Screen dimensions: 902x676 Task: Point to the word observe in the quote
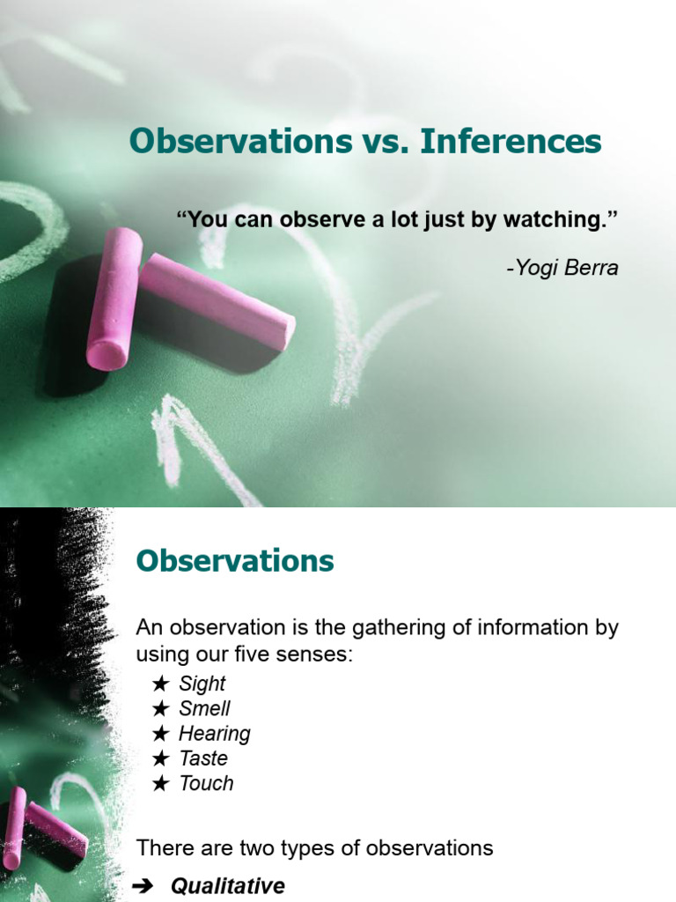pyautogui.click(x=320, y=219)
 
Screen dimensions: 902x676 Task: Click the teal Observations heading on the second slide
pyautogui.click(x=235, y=561)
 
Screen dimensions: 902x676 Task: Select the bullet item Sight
pyautogui.click(x=202, y=684)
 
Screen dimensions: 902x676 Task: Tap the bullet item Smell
pyautogui.click(x=204, y=708)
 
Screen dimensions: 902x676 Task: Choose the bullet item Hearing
pyautogui.click(x=214, y=734)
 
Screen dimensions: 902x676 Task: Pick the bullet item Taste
pyautogui.click(x=202, y=758)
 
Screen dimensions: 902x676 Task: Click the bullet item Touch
pyautogui.click(x=206, y=783)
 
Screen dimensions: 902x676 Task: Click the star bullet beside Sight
pyautogui.click(x=159, y=684)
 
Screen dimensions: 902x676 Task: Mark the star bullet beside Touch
pyautogui.click(x=159, y=783)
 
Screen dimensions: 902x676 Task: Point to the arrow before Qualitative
pyautogui.click(x=143, y=887)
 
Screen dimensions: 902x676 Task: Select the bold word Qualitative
pyautogui.click(x=228, y=887)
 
